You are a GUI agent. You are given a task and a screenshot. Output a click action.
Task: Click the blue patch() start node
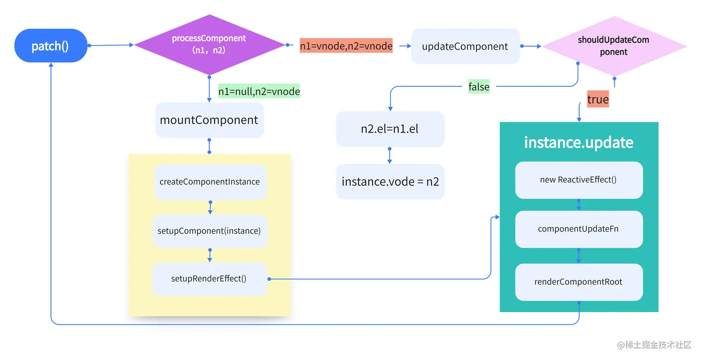click(x=51, y=46)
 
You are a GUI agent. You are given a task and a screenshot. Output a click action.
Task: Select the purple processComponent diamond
click(x=209, y=45)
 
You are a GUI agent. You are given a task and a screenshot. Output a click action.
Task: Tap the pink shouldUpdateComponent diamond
click(x=614, y=46)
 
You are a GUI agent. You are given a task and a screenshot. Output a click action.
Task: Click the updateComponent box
click(x=465, y=46)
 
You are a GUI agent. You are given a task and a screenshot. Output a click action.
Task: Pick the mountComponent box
click(x=209, y=120)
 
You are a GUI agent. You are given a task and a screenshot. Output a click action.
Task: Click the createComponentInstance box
click(x=210, y=182)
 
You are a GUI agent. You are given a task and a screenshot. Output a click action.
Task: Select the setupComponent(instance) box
click(x=209, y=231)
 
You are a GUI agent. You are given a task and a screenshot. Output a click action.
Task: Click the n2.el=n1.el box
click(x=390, y=129)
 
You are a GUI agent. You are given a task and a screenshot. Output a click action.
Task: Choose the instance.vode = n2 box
click(x=390, y=182)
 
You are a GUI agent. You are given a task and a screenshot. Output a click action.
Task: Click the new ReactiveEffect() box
click(x=578, y=180)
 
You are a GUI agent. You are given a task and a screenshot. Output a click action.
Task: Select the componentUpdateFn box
click(x=578, y=229)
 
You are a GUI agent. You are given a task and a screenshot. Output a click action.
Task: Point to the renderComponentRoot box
click(x=578, y=282)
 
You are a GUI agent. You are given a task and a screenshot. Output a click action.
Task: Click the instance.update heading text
click(x=578, y=142)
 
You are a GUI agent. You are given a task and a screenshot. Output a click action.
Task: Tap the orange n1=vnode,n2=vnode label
click(x=346, y=46)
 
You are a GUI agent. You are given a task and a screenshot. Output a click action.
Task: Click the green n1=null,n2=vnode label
click(x=259, y=92)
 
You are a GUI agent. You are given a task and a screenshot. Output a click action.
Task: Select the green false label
click(x=479, y=87)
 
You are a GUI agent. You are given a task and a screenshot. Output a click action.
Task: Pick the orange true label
click(x=598, y=100)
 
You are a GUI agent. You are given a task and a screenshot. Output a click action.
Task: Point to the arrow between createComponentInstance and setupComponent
click(x=210, y=208)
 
